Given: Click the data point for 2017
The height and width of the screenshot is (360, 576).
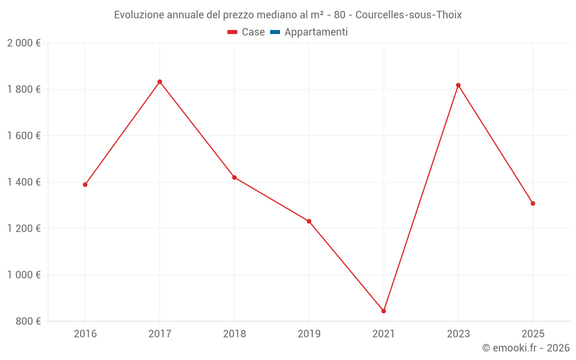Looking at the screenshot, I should point(160,82).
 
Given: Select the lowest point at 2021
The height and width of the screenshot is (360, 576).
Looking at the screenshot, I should point(384,311).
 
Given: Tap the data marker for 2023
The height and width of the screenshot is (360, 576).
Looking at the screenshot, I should point(458,85).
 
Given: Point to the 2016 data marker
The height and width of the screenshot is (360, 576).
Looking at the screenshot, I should point(85,185).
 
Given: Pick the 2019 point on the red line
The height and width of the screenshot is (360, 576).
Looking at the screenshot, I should point(309,221).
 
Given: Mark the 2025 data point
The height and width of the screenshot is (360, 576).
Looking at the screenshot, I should point(533,203).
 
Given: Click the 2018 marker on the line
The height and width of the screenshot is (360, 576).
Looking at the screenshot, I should point(234,177).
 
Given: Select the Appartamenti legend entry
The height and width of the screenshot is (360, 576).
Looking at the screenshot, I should point(316,32).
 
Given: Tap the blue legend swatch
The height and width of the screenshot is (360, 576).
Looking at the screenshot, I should point(275,32).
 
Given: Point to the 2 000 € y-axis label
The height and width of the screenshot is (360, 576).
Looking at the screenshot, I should point(24,43).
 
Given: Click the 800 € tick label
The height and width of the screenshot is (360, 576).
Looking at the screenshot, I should point(28,321).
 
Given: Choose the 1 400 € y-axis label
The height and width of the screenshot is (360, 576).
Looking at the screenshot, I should point(24,182).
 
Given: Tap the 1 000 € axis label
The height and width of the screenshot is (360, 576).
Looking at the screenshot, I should point(24,275).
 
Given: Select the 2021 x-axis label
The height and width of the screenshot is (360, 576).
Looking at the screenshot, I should point(384,334).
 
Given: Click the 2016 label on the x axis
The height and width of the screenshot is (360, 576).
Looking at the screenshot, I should point(85,334).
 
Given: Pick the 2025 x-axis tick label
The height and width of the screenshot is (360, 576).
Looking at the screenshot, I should point(533,334).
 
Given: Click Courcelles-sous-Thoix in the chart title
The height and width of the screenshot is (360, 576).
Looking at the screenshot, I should point(408,15).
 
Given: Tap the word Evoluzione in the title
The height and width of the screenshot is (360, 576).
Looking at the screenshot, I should point(139,15).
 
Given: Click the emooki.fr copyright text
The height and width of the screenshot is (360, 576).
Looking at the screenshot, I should point(526,348).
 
